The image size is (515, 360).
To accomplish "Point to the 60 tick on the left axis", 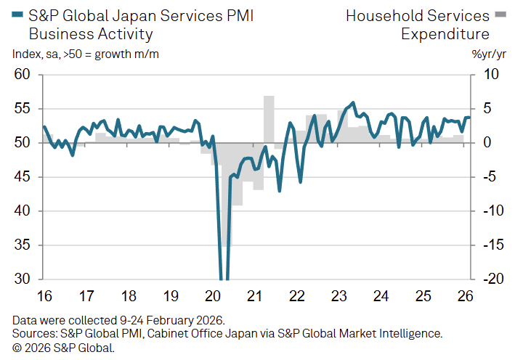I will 22,75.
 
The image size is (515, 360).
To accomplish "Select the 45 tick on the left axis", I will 22,177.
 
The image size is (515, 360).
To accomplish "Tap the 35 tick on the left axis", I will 22,245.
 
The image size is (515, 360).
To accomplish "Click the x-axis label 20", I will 214,296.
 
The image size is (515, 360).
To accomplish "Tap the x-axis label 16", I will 44,296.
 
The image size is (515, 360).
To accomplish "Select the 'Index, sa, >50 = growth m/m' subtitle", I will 86,54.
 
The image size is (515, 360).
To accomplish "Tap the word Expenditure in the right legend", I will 445,33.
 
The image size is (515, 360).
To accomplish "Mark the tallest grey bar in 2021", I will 269,119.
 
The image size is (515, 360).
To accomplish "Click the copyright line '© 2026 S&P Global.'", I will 63,348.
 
